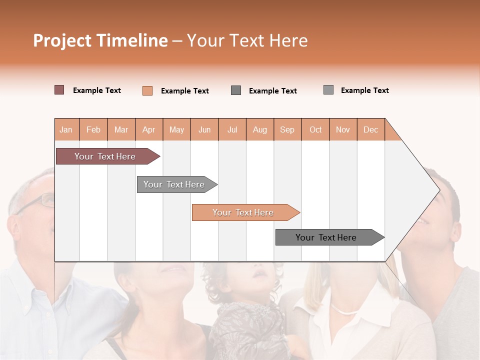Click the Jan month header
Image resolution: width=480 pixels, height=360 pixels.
coord(66,129)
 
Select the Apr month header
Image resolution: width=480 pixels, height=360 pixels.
coord(149,129)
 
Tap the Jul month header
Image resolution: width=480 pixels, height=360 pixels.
coord(232,129)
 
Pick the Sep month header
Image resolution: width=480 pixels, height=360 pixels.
coord(287,129)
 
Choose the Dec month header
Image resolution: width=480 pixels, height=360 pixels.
coord(370,129)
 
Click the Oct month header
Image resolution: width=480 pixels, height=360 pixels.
coord(315,129)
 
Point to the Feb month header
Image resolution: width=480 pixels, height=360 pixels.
coord(93,129)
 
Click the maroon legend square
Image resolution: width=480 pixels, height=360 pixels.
coord(59,90)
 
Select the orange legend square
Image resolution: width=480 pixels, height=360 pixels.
coord(147,90)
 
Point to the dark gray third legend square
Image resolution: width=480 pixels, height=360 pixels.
coord(236,90)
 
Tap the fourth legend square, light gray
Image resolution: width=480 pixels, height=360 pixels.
coord(328,90)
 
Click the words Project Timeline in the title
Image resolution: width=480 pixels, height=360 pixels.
coord(100,40)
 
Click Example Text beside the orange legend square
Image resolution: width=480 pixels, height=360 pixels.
coord(185,91)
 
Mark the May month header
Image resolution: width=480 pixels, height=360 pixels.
coord(176,129)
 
